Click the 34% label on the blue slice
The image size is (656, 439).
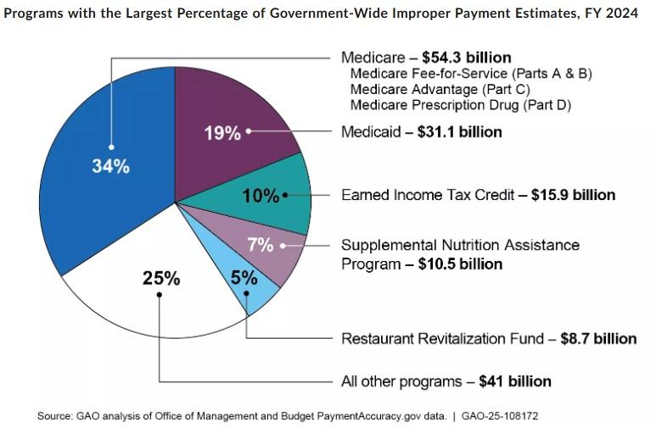coord(110,167)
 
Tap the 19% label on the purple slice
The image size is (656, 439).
coord(222,133)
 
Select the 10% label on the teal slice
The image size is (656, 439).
coord(260,196)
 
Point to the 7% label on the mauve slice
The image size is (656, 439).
coord(261,245)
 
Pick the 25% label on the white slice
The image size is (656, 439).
coord(160,278)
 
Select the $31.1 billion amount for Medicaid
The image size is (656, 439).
coord(459,132)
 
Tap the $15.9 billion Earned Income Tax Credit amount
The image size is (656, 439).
coord(573,195)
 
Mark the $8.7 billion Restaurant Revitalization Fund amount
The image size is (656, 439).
coord(598,339)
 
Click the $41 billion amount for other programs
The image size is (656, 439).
coord(515,381)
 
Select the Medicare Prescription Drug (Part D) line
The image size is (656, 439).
coord(460,105)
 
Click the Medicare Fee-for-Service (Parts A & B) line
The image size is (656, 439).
coord(471,74)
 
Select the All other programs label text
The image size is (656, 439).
coord(400,381)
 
